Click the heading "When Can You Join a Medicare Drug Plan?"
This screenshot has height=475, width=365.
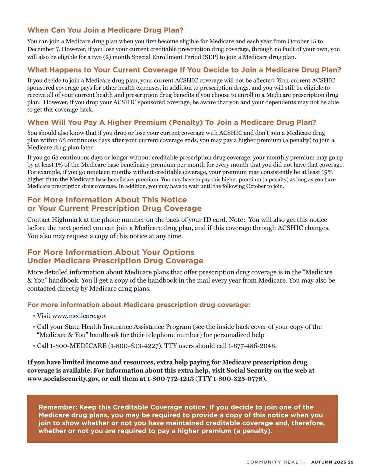105,30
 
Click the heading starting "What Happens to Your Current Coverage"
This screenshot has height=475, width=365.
184,70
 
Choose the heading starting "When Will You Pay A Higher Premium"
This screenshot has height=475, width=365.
172,122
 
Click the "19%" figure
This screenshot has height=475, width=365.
327,172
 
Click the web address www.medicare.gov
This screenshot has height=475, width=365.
79,316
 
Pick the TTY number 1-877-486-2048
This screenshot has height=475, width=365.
252,346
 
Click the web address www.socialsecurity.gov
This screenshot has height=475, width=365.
63,379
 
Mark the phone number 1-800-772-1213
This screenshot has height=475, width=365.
170,379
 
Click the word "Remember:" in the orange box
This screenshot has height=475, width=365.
57,407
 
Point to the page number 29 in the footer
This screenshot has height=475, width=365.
351,462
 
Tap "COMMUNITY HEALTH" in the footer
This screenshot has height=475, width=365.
276,462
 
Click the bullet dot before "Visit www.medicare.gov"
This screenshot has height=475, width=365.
34,316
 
